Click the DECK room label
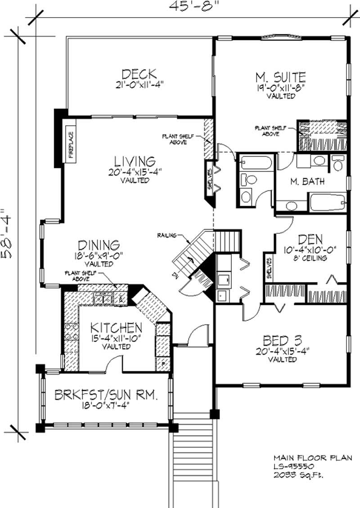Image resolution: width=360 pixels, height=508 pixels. point(139,73)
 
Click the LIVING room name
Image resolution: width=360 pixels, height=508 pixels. point(135,161)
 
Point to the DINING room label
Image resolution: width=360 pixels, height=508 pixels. point(99,245)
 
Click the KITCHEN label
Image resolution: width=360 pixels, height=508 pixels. point(116,327)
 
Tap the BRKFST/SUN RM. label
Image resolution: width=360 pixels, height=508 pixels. point(106,396)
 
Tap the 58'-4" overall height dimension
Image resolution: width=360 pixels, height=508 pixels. point(8,232)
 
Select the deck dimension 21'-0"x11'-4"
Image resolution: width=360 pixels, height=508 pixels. point(138,84)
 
